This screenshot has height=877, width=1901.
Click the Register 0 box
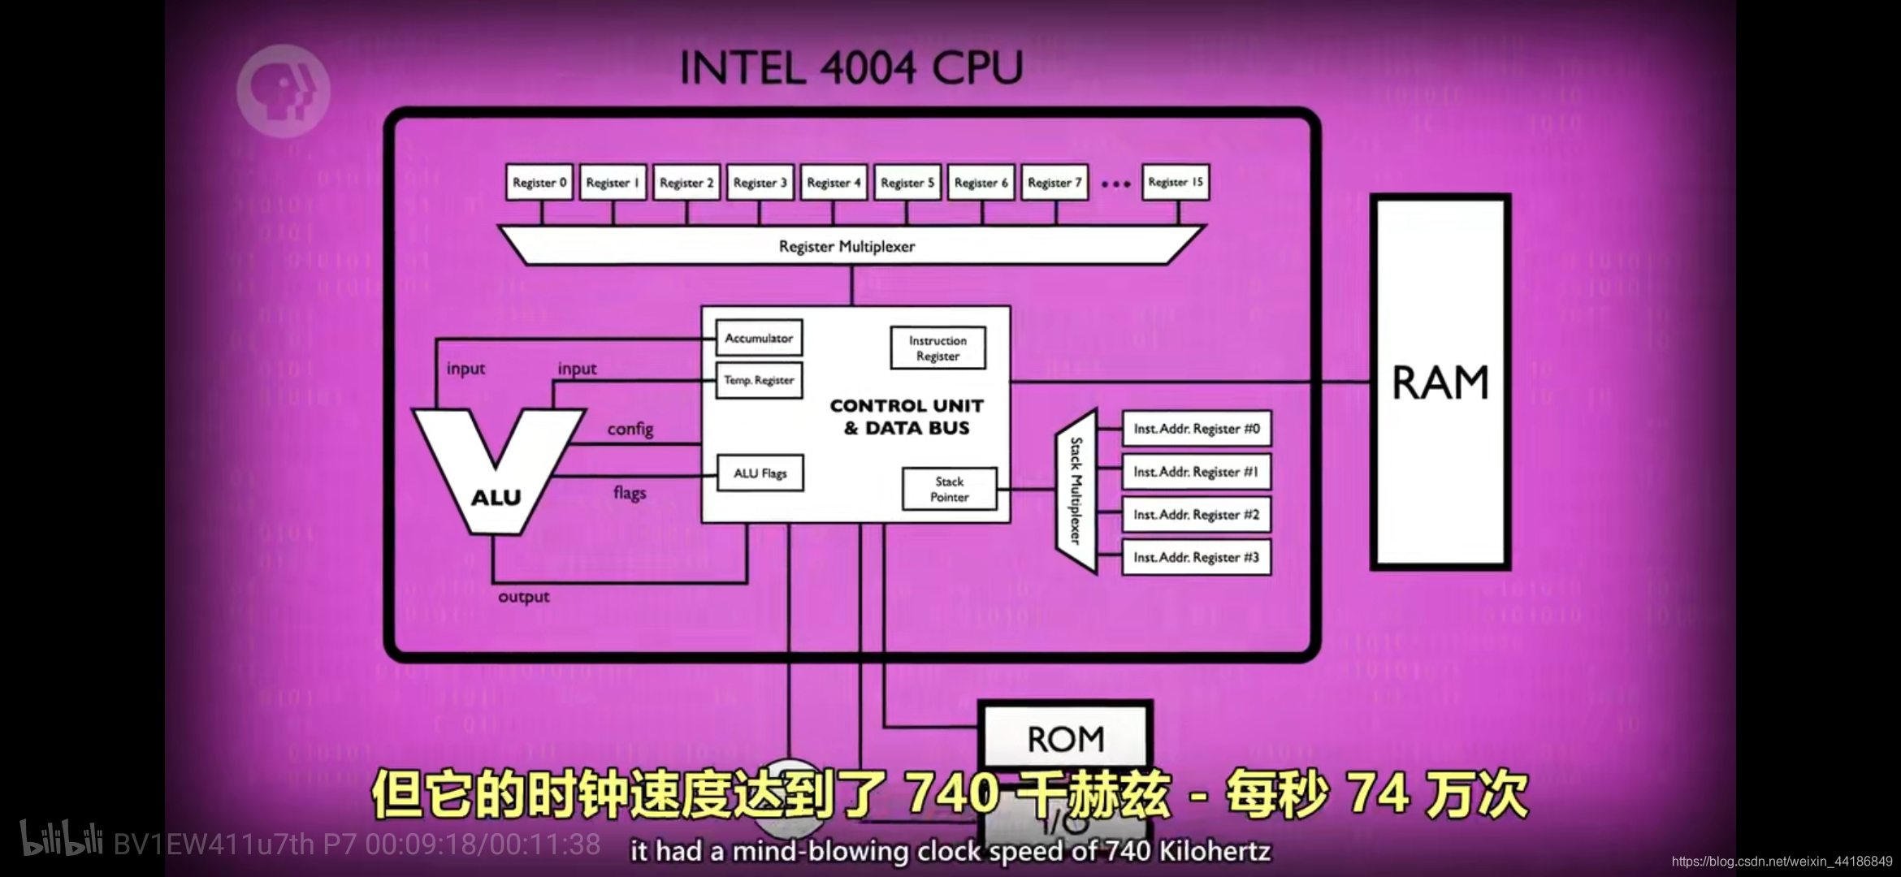click(x=539, y=183)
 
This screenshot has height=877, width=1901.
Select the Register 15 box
click(x=1176, y=183)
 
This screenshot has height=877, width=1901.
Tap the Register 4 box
click(x=834, y=183)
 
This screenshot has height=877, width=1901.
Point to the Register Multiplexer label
click(x=847, y=246)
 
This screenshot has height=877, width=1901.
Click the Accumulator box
click(x=759, y=338)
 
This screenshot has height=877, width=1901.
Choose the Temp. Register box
click(x=759, y=380)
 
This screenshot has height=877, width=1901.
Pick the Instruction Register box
click(x=938, y=348)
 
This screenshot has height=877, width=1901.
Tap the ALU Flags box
click(x=760, y=473)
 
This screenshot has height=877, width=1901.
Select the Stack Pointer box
click(x=949, y=489)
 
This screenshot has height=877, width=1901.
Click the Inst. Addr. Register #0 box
click(x=1197, y=429)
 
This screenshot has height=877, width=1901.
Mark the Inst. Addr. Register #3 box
click(x=1197, y=557)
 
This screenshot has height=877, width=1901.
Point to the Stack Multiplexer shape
click(x=1076, y=490)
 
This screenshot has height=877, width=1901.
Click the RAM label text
click(x=1440, y=382)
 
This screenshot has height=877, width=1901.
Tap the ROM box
click(x=1065, y=739)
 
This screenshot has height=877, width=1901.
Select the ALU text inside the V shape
click(x=496, y=497)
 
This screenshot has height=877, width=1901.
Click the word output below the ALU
click(x=523, y=597)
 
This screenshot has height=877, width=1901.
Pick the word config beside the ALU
click(x=630, y=429)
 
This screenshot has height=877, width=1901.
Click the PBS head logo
click(x=284, y=90)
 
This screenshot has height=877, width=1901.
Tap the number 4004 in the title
click(x=868, y=67)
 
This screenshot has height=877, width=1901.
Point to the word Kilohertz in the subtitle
click(x=1215, y=851)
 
